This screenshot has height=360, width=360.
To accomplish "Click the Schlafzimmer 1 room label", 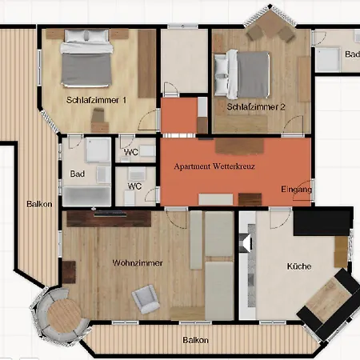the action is [96, 100].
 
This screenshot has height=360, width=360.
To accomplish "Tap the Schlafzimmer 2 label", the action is [256, 107].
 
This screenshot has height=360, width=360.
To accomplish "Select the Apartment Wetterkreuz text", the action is [214, 166].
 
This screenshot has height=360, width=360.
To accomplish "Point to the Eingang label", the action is [296, 189].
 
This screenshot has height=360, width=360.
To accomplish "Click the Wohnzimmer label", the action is [138, 263].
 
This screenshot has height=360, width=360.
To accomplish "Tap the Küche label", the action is [299, 266].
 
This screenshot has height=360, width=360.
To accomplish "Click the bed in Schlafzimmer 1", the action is [86, 58].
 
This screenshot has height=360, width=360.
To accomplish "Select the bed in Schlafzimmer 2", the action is [242, 74].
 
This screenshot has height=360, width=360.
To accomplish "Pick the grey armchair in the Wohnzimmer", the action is [146, 299].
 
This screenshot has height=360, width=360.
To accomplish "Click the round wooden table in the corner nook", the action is [64, 315].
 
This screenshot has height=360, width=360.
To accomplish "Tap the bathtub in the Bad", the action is [86, 196].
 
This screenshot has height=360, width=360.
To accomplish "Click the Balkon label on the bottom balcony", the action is [195, 340].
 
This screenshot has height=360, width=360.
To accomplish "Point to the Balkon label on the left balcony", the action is [39, 204].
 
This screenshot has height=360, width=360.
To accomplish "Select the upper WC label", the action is [131, 152].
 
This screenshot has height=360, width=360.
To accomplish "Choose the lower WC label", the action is [134, 186].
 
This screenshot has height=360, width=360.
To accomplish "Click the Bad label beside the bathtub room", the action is [78, 174].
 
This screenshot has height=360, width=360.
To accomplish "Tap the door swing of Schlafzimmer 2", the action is [293, 125].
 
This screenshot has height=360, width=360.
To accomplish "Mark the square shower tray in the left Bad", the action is [98, 150].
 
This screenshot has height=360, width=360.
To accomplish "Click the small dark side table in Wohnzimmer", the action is [69, 272].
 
